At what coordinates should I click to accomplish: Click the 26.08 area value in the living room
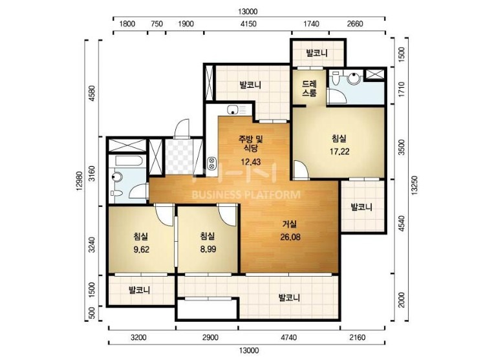point(290,237)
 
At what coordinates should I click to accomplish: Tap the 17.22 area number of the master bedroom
point(339,151)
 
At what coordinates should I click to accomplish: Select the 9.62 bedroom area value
point(141,249)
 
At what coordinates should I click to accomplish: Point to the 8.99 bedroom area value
point(208,249)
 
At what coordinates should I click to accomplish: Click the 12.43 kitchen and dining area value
point(250,162)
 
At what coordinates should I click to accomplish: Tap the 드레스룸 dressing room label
point(309,89)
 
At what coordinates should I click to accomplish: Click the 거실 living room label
point(289,224)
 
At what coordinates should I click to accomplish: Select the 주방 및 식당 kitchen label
point(251,143)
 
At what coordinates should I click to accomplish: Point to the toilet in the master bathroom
point(335,78)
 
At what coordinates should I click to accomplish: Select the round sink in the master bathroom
point(354,78)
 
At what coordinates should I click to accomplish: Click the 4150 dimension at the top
point(248,24)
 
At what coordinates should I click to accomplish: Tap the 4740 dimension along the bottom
point(288,337)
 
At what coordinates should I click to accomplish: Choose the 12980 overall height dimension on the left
point(79,181)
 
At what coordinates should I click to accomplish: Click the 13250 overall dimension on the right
point(414,185)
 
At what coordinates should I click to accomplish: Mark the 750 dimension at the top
point(156,24)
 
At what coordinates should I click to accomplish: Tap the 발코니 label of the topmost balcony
point(317,53)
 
